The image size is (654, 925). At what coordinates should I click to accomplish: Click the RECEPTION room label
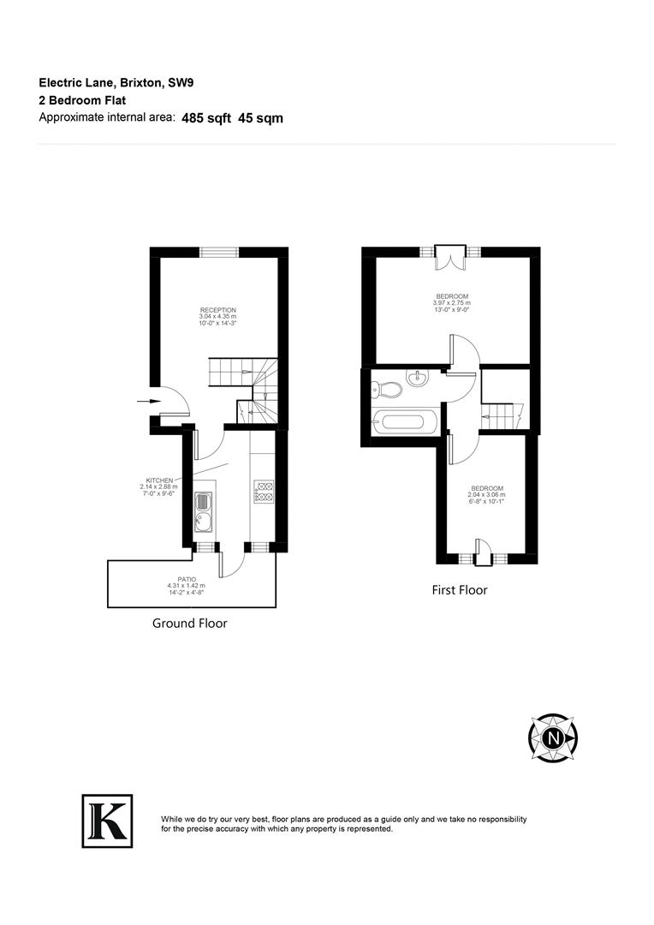click(x=217, y=310)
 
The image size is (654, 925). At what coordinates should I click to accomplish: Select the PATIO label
click(x=186, y=579)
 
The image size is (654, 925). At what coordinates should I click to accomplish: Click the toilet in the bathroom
click(x=387, y=391)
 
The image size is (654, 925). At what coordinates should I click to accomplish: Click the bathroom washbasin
click(x=418, y=379)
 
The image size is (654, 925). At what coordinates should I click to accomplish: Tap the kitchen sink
click(x=204, y=520)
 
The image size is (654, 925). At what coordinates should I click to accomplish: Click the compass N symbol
click(x=553, y=737)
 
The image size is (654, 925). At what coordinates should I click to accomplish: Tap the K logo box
click(x=107, y=821)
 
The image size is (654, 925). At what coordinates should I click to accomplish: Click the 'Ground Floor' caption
click(x=190, y=624)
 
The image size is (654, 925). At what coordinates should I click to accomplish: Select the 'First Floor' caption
click(x=459, y=590)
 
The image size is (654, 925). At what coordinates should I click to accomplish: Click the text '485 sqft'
click(x=206, y=118)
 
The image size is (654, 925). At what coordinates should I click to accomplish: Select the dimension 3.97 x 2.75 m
click(x=452, y=303)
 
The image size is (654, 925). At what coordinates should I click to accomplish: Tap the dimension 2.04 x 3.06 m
click(x=486, y=495)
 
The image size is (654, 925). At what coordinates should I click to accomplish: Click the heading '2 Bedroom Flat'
click(x=82, y=100)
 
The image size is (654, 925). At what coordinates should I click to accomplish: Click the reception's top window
click(x=218, y=251)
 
